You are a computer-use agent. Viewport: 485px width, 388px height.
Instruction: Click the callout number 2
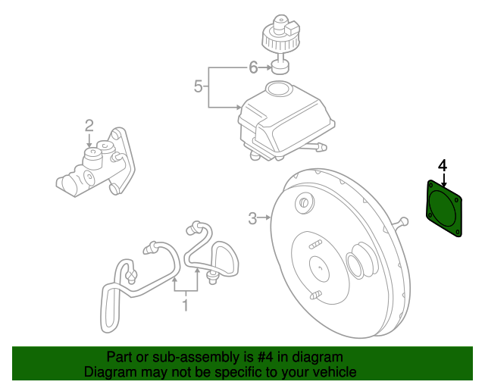click(89, 125)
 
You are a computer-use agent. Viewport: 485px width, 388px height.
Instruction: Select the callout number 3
click(252, 219)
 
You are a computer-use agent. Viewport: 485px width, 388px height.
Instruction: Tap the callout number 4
click(443, 164)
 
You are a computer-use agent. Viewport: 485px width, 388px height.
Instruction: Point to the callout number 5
click(198, 86)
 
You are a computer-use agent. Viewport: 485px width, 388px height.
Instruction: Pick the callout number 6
click(253, 67)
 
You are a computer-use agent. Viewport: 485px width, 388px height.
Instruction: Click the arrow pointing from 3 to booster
click(265, 219)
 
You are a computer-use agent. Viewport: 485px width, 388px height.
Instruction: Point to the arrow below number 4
click(443, 180)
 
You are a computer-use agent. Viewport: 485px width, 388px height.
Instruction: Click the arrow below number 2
click(89, 139)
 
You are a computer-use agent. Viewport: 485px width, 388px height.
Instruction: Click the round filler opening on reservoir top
click(279, 90)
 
